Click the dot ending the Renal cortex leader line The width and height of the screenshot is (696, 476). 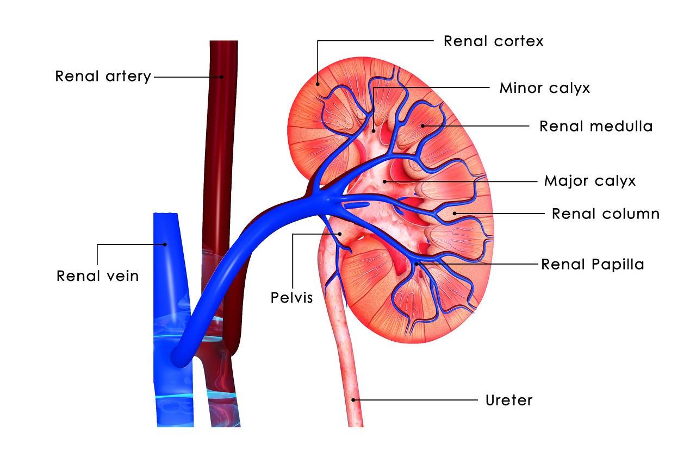[318, 84]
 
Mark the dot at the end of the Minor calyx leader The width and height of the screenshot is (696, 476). [374, 131]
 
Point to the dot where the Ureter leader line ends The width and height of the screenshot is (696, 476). [353, 400]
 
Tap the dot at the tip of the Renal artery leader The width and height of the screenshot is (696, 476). [222, 77]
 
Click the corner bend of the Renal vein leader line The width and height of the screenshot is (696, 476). [97, 245]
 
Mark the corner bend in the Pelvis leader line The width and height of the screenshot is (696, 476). [293, 234]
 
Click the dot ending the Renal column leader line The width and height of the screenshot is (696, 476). [454, 214]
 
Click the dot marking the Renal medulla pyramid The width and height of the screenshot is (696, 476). [423, 126]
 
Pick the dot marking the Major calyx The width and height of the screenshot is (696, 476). [384, 181]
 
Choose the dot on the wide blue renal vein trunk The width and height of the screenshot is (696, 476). [165, 245]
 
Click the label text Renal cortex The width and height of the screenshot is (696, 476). [494, 41]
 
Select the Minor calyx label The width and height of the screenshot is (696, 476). [545, 88]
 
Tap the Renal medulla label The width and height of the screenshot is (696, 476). [596, 127]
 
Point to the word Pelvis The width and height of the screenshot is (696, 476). [291, 297]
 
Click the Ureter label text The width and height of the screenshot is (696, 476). [509, 400]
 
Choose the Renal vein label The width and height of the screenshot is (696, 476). [97, 276]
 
